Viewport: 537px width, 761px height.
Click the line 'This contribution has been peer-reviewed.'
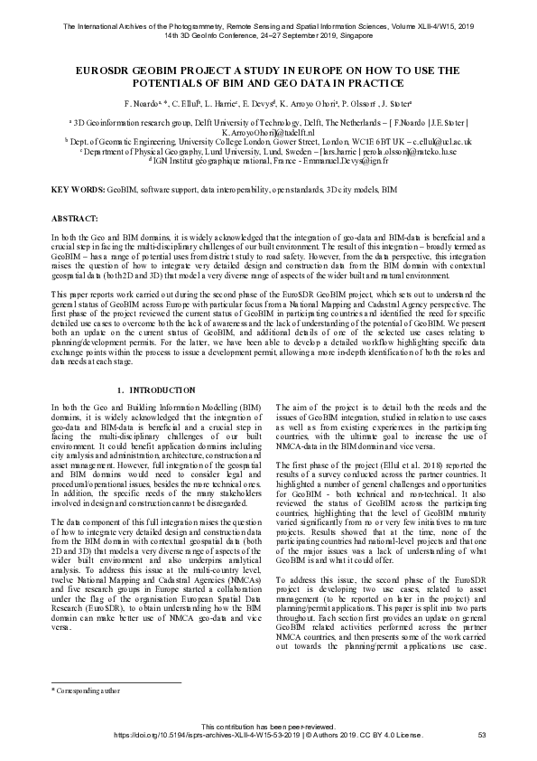pyautogui.click(x=268, y=726)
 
